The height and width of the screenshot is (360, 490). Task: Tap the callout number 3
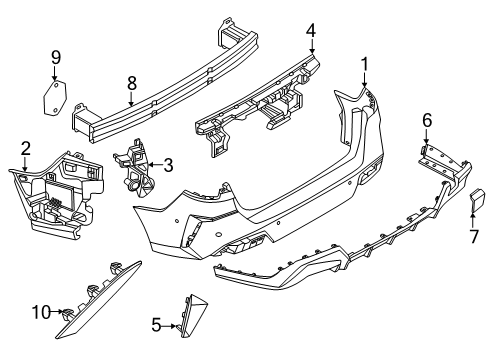[x=168, y=164]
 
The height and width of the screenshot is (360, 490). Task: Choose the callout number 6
[x=427, y=120]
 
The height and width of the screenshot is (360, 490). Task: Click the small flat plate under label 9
[x=55, y=98]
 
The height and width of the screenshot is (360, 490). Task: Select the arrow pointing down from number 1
[x=364, y=82]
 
